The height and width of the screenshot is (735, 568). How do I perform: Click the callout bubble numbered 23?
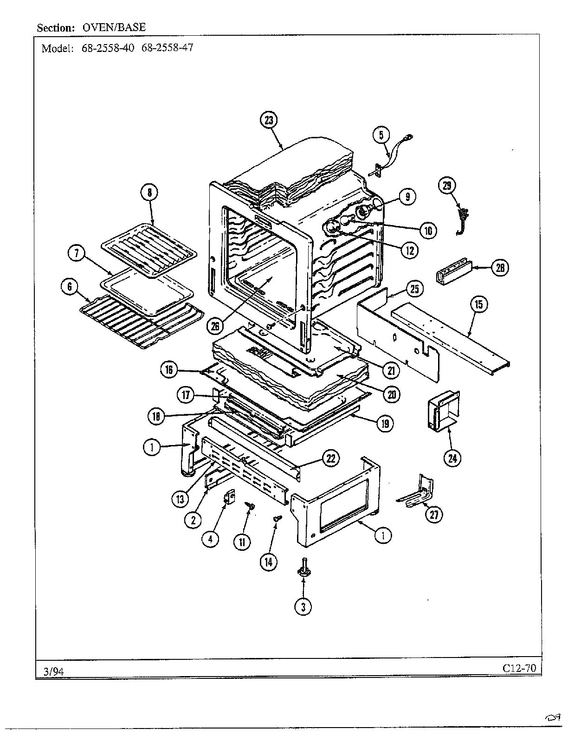tap(269, 120)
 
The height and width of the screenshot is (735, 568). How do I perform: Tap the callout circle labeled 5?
tap(381, 135)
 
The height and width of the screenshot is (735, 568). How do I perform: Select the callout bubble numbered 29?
tap(447, 186)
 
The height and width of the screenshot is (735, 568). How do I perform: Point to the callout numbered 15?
tap(479, 304)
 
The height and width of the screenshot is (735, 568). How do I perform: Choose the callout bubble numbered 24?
tap(452, 458)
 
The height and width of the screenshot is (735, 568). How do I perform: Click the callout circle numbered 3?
tap(303, 606)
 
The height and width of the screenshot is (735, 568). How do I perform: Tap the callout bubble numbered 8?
tap(150, 193)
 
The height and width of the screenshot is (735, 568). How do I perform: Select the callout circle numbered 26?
tap(215, 326)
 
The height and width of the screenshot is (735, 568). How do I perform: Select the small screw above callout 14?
tap(277, 519)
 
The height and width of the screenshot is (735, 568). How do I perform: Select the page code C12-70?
tap(519, 668)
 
